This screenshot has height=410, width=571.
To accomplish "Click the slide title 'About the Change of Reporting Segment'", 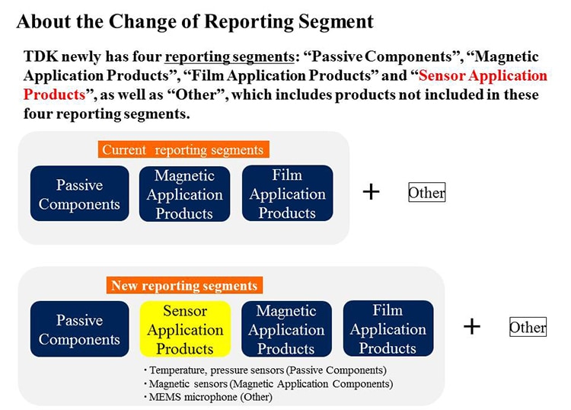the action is [195, 22].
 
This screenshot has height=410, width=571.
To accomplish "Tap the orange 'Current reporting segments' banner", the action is [183, 149].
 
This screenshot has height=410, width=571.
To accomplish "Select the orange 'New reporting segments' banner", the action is [184, 285].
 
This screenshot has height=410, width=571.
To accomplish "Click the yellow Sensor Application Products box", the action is [185, 329].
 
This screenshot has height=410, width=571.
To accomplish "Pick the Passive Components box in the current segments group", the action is [79, 194].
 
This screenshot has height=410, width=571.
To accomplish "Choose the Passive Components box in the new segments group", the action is [79, 328].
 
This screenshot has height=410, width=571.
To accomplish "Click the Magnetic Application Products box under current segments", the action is [184, 194].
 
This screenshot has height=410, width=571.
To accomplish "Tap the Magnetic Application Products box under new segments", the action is [286, 328].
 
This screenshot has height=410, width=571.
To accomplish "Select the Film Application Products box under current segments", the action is [287, 193].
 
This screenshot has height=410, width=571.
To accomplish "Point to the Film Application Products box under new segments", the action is [388, 328].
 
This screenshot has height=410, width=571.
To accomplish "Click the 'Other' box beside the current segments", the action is [427, 192].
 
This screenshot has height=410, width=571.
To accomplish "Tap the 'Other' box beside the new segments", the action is [528, 327].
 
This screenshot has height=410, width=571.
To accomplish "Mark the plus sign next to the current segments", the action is [371, 192].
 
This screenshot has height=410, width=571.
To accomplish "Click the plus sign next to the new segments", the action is [472, 326].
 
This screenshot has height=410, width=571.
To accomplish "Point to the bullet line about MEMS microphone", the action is [208, 396].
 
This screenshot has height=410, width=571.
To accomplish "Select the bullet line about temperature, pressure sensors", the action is [265, 370].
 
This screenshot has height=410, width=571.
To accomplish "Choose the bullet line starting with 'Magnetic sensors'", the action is [268, 384].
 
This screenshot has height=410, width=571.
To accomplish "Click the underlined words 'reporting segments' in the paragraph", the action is [229, 57].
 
